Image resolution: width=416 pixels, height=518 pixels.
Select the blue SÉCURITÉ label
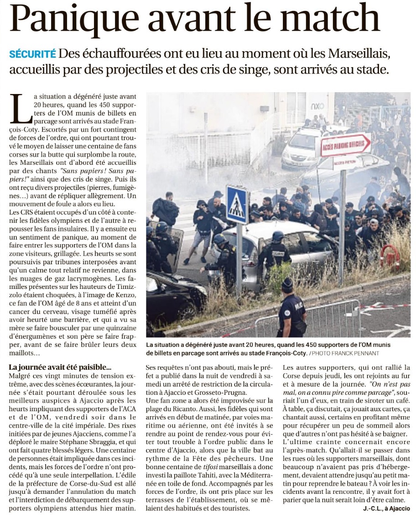[32, 54]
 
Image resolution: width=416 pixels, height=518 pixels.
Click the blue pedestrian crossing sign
[237, 204]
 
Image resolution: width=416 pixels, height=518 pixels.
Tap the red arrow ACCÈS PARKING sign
[345, 145]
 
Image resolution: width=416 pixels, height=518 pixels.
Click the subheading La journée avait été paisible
[60, 367]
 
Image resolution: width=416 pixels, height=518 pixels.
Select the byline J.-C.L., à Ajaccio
[386, 508]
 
